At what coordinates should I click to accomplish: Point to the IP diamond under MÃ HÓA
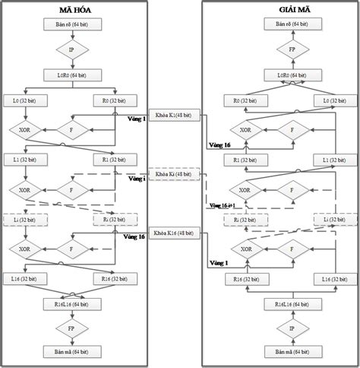coord(72,52)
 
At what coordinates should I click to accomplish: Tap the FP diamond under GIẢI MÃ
coord(280,52)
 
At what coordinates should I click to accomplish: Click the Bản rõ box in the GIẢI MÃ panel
coord(280,25)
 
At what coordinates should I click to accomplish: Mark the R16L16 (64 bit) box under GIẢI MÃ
coord(280,303)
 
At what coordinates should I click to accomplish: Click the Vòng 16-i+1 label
coord(221,205)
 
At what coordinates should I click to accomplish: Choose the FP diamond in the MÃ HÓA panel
coord(72,328)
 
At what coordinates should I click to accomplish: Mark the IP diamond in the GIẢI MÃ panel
coord(280,328)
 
